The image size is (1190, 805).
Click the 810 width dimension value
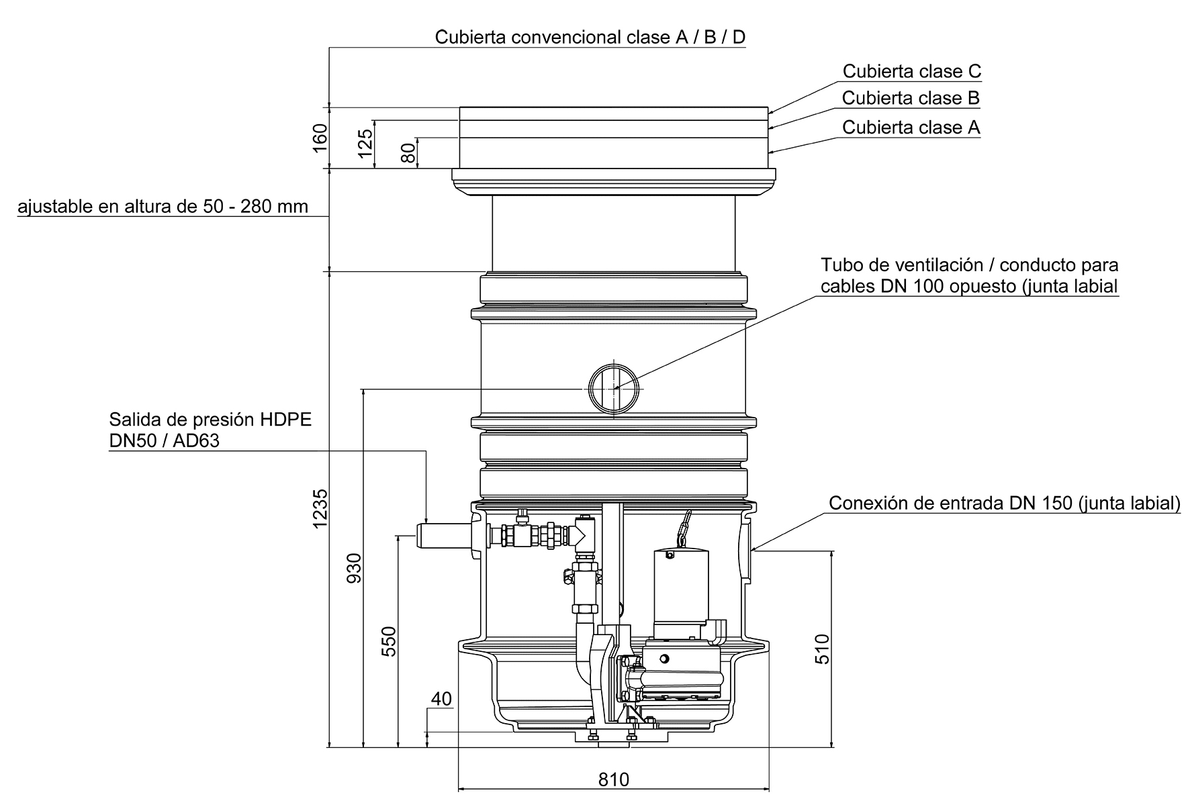tap(613, 779)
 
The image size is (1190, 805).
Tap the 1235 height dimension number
tap(320, 508)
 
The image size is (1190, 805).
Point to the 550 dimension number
tap(389, 641)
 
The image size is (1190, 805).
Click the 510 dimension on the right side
tap(822, 649)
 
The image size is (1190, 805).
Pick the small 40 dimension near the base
tap(441, 699)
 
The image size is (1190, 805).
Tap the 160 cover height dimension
tap(320, 138)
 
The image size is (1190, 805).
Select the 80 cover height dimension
tap(408, 152)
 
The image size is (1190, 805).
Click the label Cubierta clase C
tap(912, 71)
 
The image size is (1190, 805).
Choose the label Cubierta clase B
tap(911, 99)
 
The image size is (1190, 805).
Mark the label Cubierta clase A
tap(911, 128)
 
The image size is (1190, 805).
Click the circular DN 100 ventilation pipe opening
tap(613, 389)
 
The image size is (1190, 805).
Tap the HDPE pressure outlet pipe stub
tap(443, 537)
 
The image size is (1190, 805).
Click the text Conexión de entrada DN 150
tap(1004, 504)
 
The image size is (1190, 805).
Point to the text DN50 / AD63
tap(164, 441)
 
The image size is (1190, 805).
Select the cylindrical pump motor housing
tap(682, 584)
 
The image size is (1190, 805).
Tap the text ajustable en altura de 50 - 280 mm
tap(163, 206)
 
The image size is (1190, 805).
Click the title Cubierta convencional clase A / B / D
tap(590, 37)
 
